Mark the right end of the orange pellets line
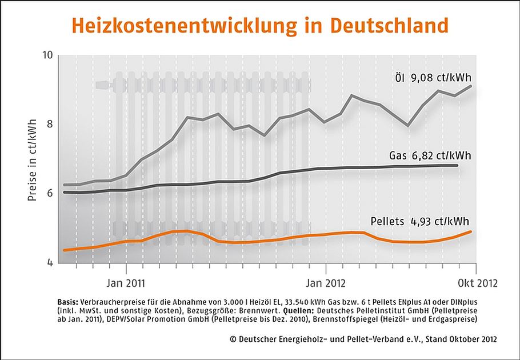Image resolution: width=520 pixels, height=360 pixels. click(x=471, y=231)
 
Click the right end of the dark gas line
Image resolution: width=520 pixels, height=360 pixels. click(x=458, y=165)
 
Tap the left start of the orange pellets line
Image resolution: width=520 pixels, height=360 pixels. click(x=63, y=250)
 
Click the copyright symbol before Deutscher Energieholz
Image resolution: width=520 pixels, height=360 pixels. click(x=232, y=339)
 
